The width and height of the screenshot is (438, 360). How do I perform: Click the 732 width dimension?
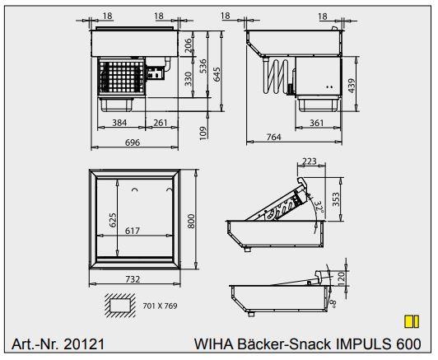[x=133, y=279]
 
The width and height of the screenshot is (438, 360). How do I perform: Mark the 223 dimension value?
[x=310, y=161]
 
